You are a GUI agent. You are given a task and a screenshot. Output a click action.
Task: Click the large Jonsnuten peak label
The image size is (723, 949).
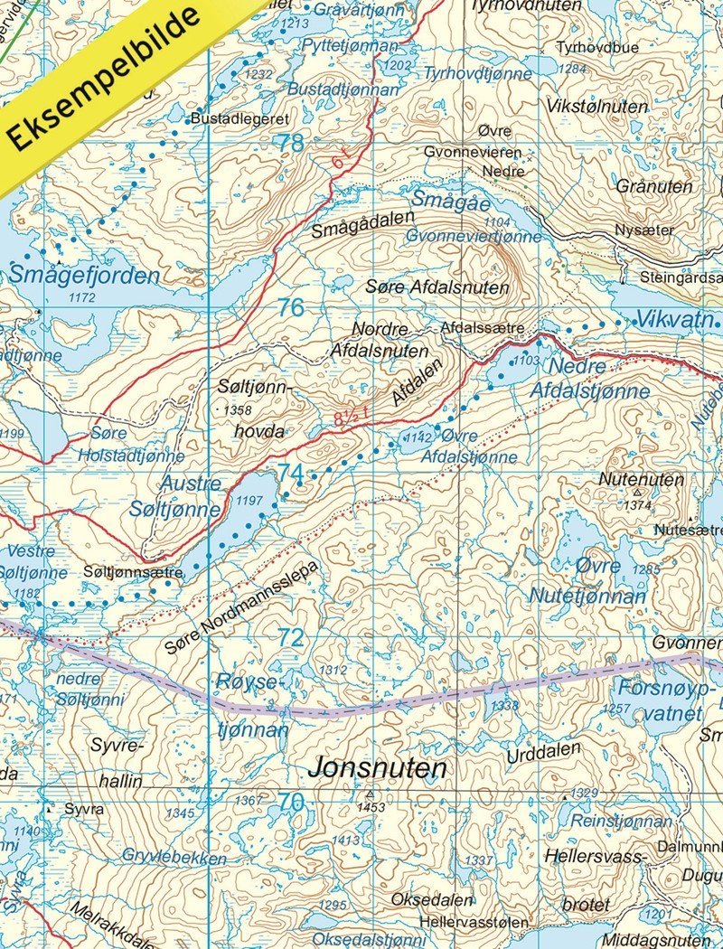click(x=378, y=768)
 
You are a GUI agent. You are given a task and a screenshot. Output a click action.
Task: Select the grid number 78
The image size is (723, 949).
click(x=290, y=143)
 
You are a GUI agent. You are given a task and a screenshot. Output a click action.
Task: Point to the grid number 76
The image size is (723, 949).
click(x=290, y=307)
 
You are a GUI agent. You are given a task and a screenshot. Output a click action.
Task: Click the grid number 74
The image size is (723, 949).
click(x=290, y=473)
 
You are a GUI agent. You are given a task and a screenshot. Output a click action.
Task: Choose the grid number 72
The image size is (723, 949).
click(x=290, y=637)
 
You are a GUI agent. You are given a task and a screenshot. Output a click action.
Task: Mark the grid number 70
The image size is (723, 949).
click(x=290, y=802)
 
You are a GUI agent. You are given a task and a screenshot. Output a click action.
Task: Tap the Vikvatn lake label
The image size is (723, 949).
click(x=678, y=320)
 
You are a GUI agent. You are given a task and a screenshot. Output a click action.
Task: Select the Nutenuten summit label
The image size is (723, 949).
click(x=643, y=479)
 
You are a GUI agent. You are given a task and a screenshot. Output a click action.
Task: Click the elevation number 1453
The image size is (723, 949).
click(x=371, y=807)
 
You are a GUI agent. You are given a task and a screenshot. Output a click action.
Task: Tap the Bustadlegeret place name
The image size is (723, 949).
click(x=239, y=118)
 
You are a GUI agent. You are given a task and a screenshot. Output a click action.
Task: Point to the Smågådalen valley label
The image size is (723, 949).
click(x=362, y=223)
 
